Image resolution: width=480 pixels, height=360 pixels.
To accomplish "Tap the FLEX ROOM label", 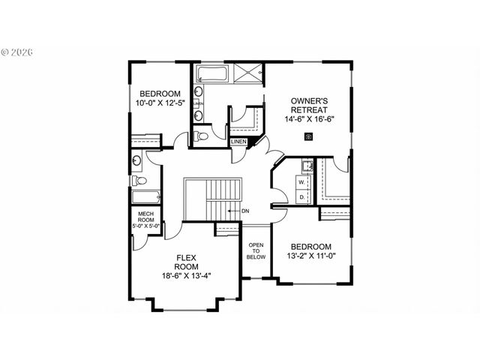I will [x=187, y=261].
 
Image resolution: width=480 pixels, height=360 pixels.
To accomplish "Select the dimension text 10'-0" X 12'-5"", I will [x=160, y=103].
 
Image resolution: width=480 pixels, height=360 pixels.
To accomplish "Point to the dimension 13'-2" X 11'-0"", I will [x=311, y=256].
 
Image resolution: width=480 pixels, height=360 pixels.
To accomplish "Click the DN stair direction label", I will [x=245, y=211].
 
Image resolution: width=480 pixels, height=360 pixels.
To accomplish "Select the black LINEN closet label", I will [x=238, y=141].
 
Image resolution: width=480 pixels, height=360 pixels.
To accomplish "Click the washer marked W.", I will [x=302, y=181].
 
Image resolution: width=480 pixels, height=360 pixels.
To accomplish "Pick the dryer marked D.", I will [x=302, y=196].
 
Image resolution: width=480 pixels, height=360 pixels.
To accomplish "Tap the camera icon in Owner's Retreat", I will [x=309, y=136].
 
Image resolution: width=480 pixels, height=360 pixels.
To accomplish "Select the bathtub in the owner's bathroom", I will [x=213, y=74].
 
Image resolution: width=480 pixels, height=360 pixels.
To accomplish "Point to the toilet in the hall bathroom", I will [x=139, y=180].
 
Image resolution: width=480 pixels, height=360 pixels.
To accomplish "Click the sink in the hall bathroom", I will [x=137, y=160].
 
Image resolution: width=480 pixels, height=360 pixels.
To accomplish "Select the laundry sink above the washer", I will [x=306, y=166].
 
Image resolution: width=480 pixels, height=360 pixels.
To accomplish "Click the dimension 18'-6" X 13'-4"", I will [x=187, y=275].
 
